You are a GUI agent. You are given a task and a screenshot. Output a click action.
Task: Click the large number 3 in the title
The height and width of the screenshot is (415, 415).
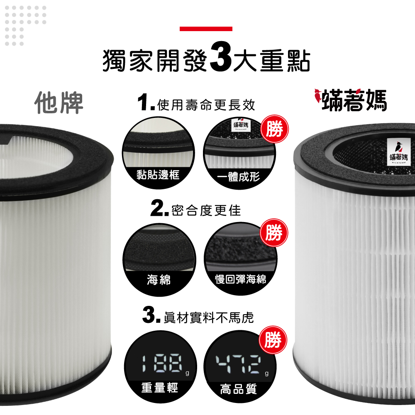220,59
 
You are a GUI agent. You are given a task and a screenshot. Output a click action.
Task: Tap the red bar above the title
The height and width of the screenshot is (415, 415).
206,29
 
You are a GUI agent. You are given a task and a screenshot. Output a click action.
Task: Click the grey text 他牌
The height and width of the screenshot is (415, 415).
59,102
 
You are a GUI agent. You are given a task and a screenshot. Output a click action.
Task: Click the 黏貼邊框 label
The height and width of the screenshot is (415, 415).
158,175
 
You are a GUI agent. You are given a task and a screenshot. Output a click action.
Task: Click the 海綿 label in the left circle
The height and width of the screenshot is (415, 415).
159,280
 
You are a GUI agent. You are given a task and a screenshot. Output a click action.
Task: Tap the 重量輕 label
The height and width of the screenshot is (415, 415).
159,388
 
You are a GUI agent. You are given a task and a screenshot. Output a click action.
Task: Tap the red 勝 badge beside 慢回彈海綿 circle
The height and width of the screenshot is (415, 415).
274,233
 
